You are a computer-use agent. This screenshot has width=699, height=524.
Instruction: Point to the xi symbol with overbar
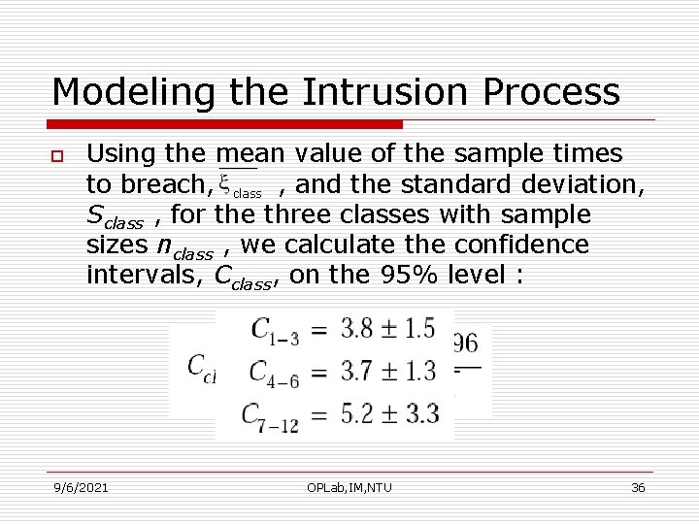click(x=224, y=181)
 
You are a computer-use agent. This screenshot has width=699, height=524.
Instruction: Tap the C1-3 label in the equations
click(x=275, y=330)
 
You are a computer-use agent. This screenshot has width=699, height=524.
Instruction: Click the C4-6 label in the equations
click(x=275, y=371)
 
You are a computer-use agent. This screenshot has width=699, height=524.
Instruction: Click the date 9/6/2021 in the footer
click(x=81, y=487)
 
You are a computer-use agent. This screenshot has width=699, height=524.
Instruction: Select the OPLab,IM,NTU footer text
click(x=349, y=487)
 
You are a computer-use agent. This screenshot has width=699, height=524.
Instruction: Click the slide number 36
click(x=638, y=487)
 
